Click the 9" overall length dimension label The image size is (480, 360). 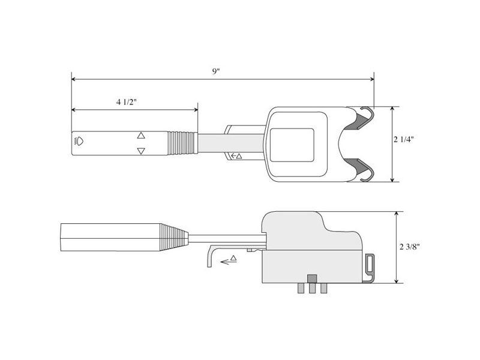point(216,71)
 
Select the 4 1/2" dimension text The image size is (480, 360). point(127,102)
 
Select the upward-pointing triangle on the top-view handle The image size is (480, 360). point(141,136)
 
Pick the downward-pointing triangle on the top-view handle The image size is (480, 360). point(141,151)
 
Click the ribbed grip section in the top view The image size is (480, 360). point(182,143)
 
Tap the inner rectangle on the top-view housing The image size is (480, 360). point(292,145)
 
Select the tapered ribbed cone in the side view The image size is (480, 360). point(174,238)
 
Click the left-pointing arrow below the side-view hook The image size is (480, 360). point(228,260)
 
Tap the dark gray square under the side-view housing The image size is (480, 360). point(311,279)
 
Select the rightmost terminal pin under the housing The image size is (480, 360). point(324,288)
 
